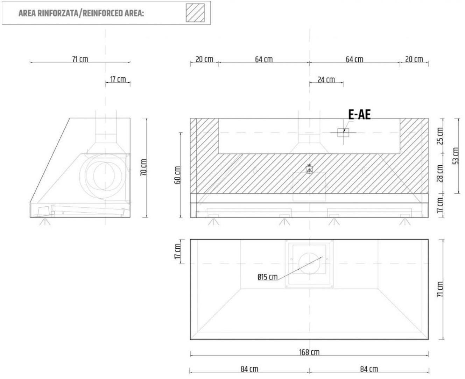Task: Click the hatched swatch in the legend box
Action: [x=195, y=13]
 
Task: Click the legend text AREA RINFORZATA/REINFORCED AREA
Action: [x=81, y=13]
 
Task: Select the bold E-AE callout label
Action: [x=359, y=115]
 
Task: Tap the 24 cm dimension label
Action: [x=326, y=80]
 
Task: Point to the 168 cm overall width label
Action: [x=309, y=352]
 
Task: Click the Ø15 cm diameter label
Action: [x=267, y=277]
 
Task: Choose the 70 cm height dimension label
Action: [x=143, y=167]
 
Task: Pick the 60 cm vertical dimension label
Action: [x=177, y=175]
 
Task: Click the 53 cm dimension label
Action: [x=456, y=156]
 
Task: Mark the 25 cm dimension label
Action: [x=440, y=136]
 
